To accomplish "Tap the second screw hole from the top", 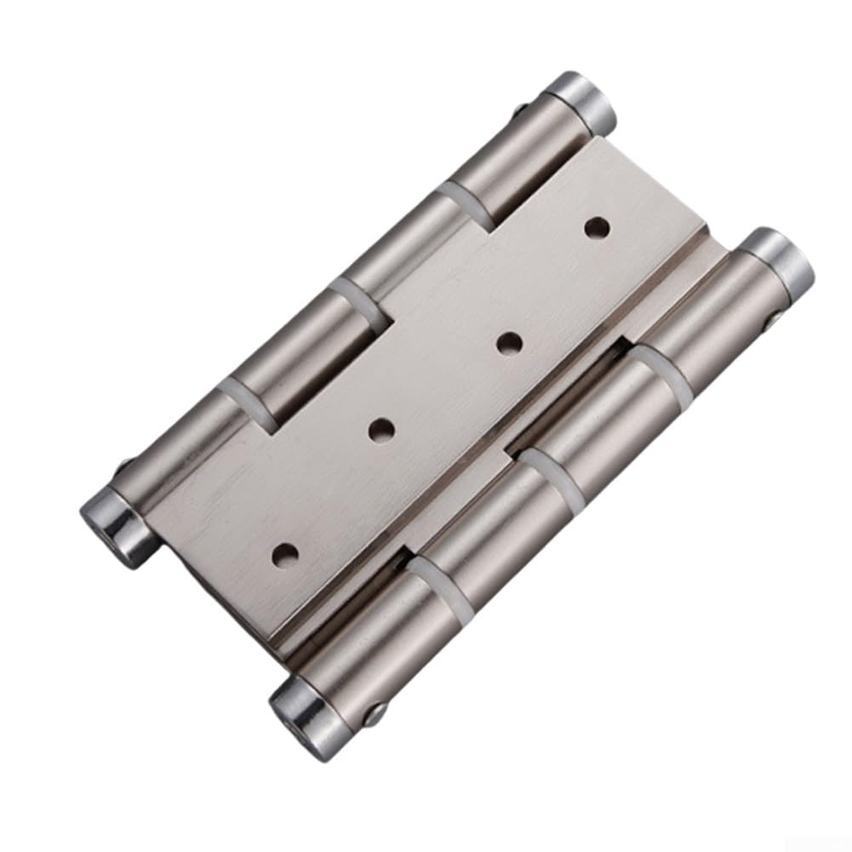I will pos(508,343).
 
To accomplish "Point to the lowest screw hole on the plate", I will pos(282,554).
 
